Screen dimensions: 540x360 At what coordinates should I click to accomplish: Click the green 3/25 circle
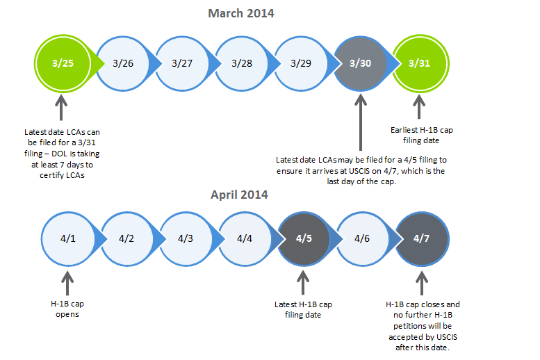coord(63,63)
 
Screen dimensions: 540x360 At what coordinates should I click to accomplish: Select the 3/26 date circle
coord(123,63)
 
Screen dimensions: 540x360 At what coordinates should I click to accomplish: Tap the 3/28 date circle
coord(242,63)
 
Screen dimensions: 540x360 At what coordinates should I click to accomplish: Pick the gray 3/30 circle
coord(361,63)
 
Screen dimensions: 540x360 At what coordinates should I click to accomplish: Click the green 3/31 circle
coord(420,63)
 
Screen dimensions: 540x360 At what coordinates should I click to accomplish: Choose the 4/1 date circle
coord(68,239)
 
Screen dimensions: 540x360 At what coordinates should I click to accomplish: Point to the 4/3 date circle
coord(186,239)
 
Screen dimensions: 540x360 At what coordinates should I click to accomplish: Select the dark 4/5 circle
coord(304,239)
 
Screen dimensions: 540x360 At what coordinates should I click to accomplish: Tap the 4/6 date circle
coord(363,239)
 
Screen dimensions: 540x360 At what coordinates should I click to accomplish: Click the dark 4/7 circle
coord(422,239)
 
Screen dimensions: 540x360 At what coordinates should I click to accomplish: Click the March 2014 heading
coord(241,13)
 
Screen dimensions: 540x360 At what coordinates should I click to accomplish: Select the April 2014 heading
coord(239,195)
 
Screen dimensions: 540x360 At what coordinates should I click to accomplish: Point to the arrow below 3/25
coord(61,108)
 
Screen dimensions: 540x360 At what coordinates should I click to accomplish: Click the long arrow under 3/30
coord(361,122)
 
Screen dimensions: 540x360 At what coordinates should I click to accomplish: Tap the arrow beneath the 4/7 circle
coord(422,283)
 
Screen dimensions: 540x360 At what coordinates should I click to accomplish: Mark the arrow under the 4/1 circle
coord(67,283)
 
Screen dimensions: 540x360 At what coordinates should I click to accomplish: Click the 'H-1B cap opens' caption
coord(67,309)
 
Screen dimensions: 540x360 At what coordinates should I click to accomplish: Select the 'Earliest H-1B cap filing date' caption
coord(422,135)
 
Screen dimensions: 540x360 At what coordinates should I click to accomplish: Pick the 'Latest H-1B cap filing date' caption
coord(303,309)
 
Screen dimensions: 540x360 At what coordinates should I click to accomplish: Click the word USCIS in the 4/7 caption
coord(447,337)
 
